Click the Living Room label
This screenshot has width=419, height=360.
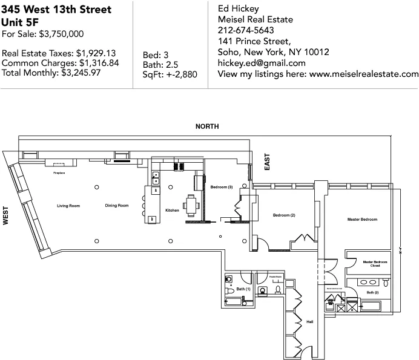pos(68,206)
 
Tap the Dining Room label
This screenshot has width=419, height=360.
pos(117,206)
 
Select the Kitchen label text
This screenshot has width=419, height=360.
pos(173,211)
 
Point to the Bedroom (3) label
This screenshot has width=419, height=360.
pos(222,188)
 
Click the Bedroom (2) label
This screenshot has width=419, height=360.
pos(283,215)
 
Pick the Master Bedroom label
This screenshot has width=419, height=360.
pos(362,219)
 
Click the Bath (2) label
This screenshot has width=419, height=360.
pos(372,293)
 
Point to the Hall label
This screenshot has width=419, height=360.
pos(310,322)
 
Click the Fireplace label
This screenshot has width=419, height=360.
pos(59,173)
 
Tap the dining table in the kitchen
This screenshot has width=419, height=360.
pos(192,205)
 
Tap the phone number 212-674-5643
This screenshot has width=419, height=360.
pos(245,30)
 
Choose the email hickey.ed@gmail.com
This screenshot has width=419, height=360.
pos(261,63)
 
